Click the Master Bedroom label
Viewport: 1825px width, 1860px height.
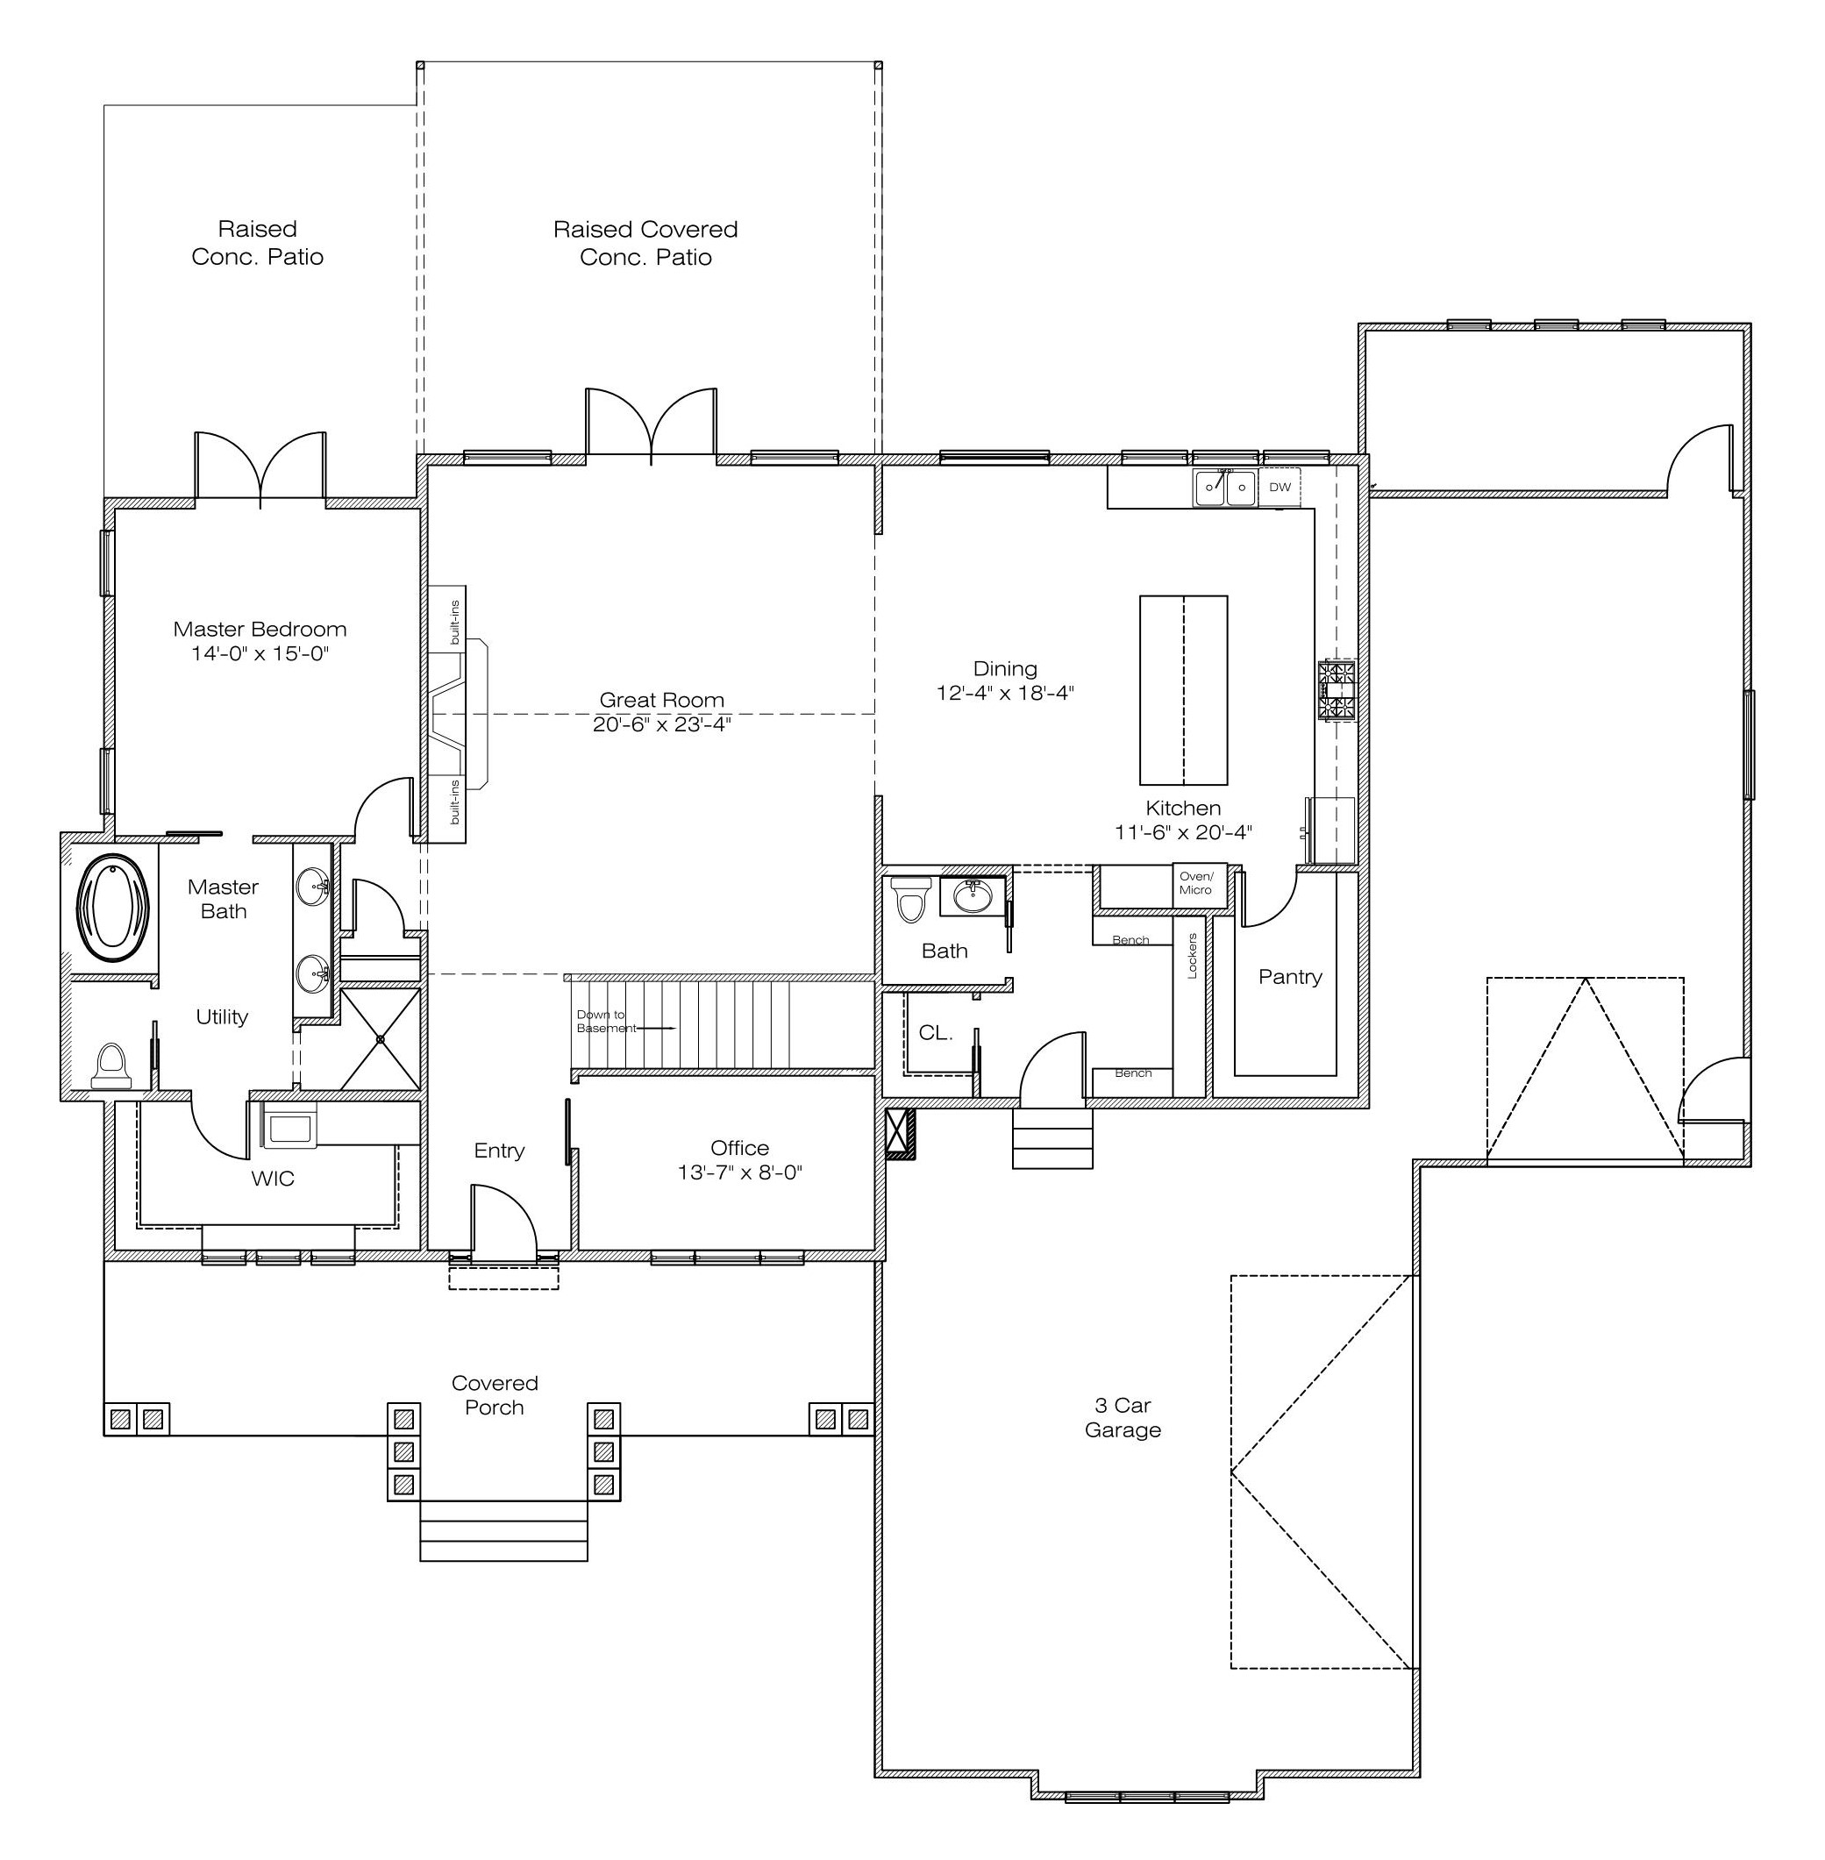click(x=260, y=630)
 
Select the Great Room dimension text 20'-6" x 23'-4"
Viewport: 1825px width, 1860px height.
click(x=661, y=724)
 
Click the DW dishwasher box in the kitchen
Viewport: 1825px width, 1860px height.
click(x=1280, y=487)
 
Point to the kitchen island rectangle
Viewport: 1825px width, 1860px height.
click(x=1183, y=690)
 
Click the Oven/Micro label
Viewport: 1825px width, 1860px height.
click(x=1196, y=882)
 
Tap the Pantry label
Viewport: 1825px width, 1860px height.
click(x=1290, y=976)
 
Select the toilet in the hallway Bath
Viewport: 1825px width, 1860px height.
click(x=910, y=898)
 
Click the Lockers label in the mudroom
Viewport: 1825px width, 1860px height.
click(x=1193, y=955)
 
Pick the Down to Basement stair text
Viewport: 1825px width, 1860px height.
click(x=605, y=1022)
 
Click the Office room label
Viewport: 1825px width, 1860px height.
click(x=740, y=1148)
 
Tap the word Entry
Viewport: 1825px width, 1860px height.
click(x=499, y=1151)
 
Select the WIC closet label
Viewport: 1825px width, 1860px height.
click(x=273, y=1179)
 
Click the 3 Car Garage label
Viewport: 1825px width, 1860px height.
click(x=1123, y=1417)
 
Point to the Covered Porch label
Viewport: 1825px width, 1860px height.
click(x=495, y=1395)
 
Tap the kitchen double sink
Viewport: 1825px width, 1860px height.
click(x=1225, y=487)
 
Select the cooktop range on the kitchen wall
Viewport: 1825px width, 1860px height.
click(x=1338, y=690)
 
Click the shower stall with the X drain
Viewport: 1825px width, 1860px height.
click(x=381, y=1039)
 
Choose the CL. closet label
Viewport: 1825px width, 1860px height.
click(x=936, y=1033)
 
